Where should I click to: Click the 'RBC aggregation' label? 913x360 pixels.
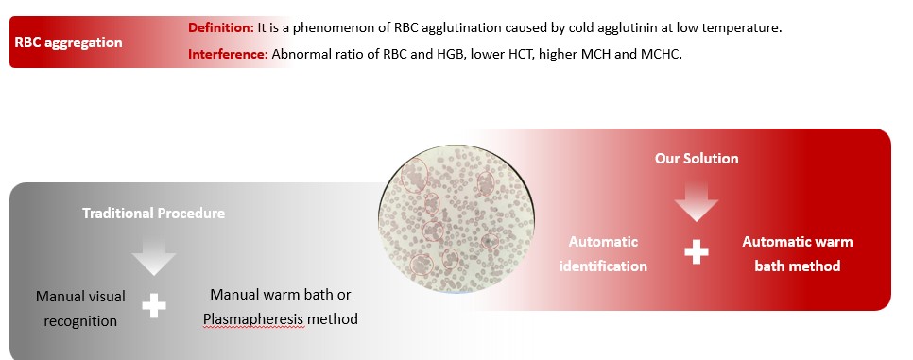pos(68,43)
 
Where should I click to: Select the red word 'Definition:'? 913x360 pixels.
pos(220,27)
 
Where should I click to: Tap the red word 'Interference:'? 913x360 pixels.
pos(228,54)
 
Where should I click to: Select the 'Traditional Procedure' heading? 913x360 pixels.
pos(154,214)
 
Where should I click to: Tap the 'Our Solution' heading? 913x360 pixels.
pos(697,159)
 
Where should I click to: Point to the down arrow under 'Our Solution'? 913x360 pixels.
pos(697,201)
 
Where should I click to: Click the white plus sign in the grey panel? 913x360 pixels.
pos(154,306)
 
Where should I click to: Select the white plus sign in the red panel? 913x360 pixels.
pos(696,252)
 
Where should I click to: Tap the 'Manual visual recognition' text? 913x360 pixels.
pos(80,309)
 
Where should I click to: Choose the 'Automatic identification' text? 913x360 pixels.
pos(603,254)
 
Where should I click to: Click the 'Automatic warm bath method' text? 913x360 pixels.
pos(797,254)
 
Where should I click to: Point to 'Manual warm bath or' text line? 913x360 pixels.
pos(281,295)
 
